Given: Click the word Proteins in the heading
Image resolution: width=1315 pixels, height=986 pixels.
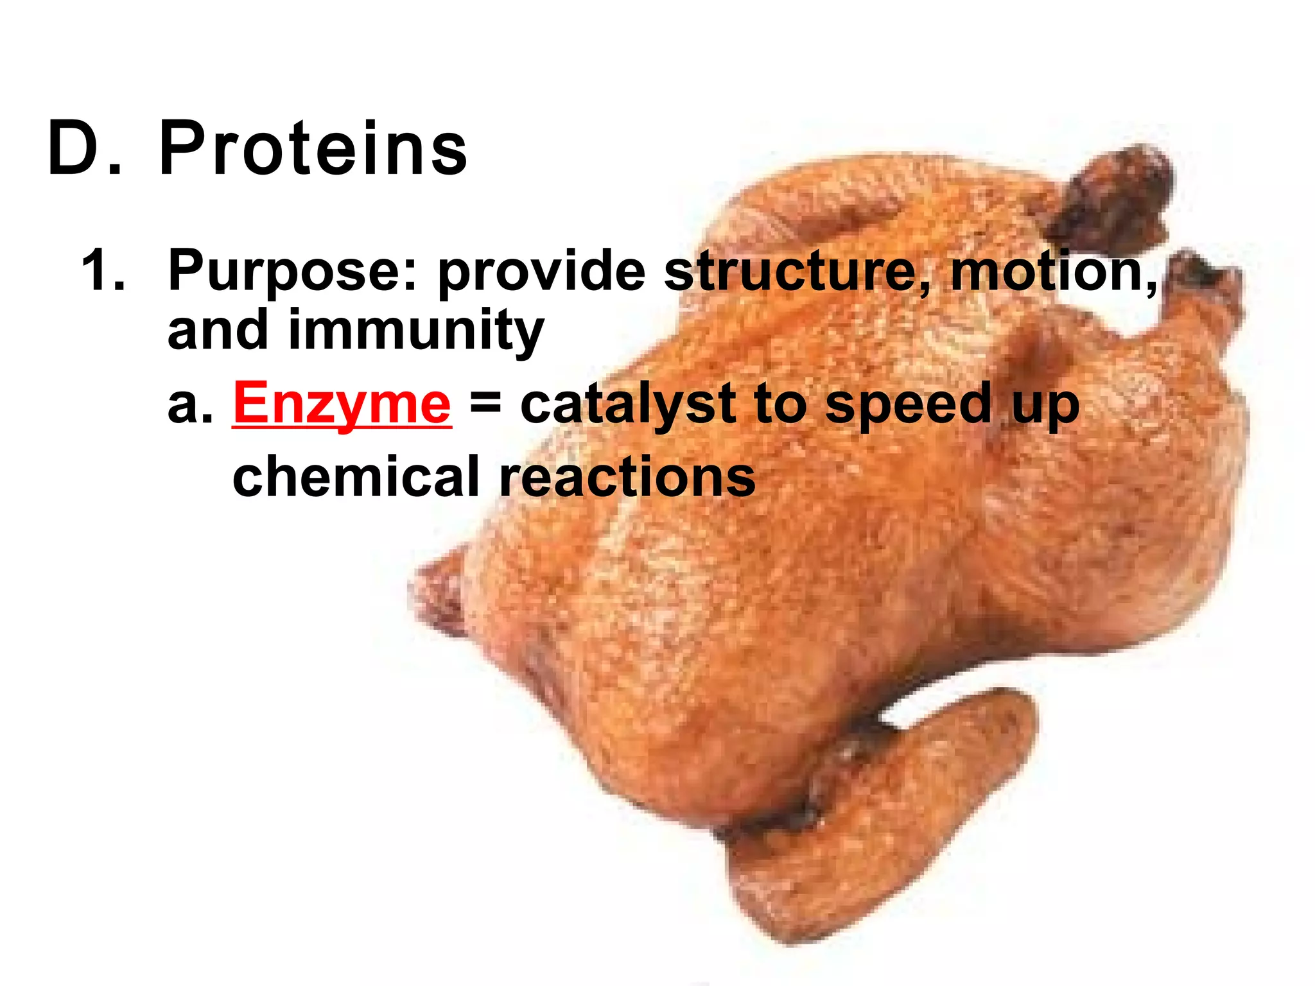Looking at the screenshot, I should (313, 148).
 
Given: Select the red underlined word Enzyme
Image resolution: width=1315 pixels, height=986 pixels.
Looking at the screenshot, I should (342, 403).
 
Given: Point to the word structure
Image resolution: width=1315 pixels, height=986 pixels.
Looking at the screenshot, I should (796, 270).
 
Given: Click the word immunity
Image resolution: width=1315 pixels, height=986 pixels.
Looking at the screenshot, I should (416, 331).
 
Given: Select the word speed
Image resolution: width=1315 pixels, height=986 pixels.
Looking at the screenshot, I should (908, 404).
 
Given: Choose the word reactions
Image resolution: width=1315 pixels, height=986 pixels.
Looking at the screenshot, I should (627, 476).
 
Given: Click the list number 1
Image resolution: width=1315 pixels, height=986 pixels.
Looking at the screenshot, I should (101, 272).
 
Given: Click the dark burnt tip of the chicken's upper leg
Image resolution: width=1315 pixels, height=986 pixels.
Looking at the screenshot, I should (1117, 193).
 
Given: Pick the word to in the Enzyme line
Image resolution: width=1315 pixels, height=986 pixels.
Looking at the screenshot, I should (779, 404).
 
